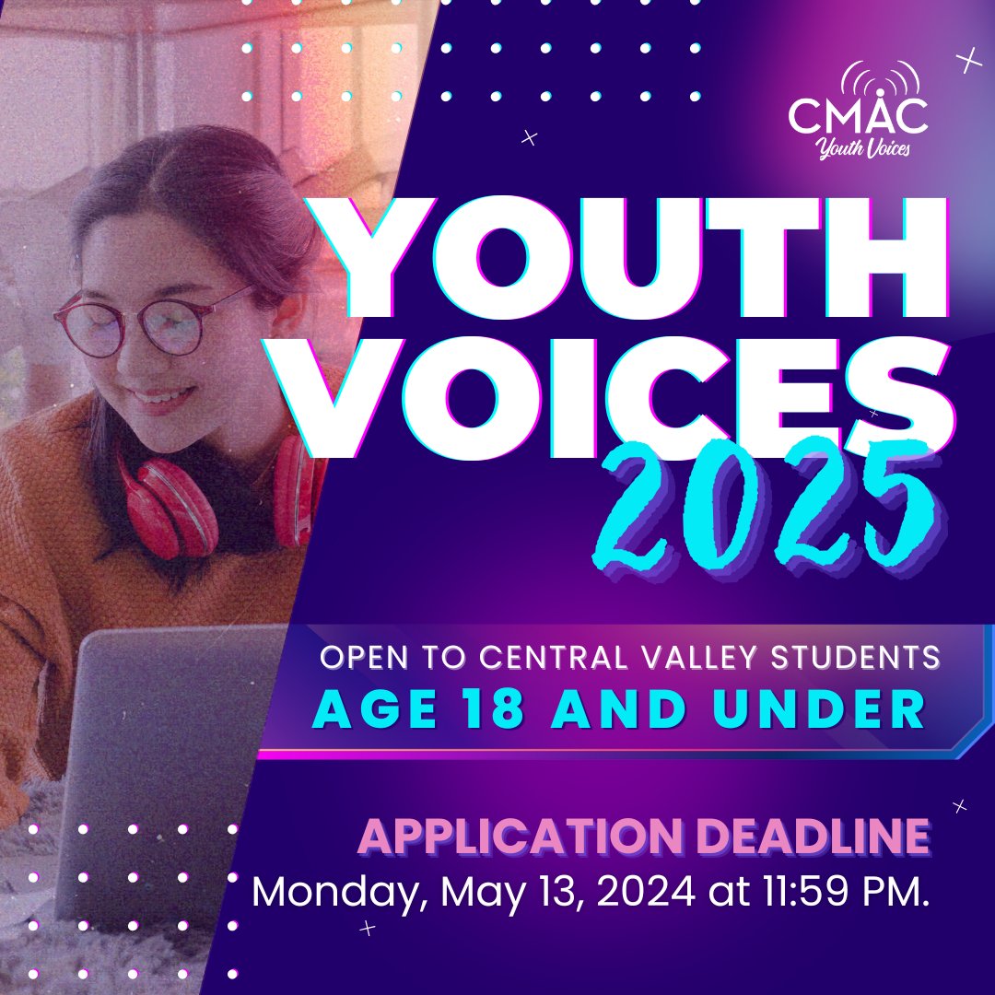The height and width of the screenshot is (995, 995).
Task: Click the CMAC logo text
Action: click(x=858, y=116)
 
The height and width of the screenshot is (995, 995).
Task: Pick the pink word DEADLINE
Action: click(x=790, y=837)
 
